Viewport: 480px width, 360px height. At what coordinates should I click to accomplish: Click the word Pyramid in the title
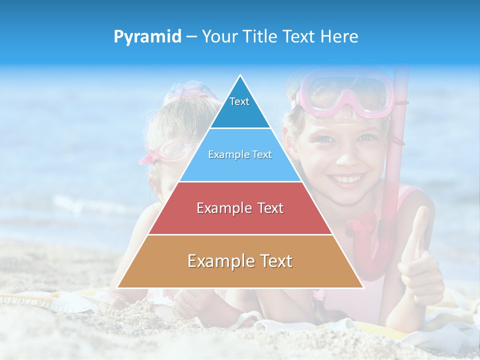(147, 37)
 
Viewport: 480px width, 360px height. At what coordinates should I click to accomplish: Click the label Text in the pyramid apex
(239, 101)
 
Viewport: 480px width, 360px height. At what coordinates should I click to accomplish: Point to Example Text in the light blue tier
(240, 154)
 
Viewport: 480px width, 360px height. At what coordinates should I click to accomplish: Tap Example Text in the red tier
(240, 208)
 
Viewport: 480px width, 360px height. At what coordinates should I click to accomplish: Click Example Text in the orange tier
(240, 261)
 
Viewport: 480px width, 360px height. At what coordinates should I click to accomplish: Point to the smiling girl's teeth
(346, 179)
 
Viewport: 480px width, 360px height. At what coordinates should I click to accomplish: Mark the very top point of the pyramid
(240, 75)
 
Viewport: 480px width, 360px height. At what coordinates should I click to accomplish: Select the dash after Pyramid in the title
(191, 37)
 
